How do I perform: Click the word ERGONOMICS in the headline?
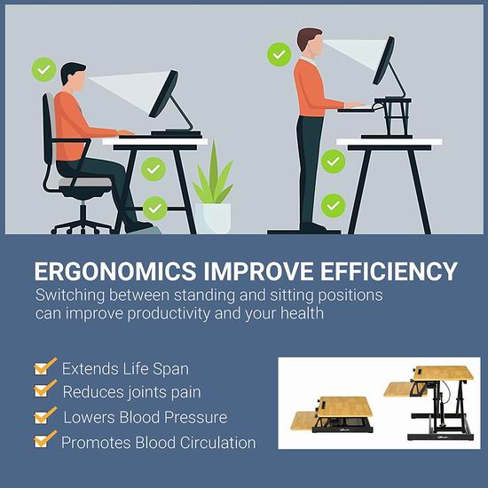115,272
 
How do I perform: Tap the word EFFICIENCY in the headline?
389,272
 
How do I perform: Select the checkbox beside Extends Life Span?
45,366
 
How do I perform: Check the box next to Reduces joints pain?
45,389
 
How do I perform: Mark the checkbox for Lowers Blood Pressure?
45,415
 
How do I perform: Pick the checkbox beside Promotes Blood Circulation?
45,439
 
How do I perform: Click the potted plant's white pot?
213,218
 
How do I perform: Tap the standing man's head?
310,43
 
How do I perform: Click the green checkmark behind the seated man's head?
43,70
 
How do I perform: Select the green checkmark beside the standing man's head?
279,54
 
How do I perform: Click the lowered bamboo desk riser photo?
332,414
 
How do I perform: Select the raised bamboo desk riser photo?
429,403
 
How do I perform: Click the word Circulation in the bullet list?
218,443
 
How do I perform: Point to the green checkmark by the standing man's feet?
333,206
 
